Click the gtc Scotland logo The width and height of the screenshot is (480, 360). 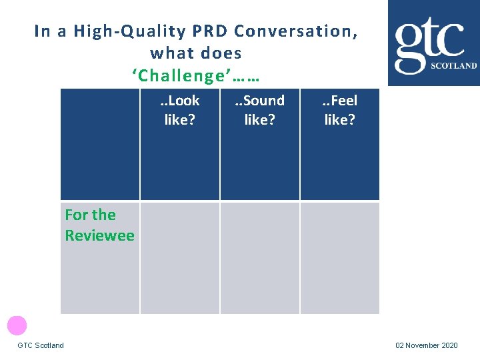(x=434, y=44)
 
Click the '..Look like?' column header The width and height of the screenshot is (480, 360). (x=180, y=110)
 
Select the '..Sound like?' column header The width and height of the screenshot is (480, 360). (x=259, y=110)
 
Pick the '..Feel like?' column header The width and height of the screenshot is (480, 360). (x=339, y=110)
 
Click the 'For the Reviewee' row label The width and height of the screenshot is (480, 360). (x=99, y=225)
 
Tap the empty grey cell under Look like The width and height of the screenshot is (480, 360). (x=180, y=257)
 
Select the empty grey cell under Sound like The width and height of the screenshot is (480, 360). (x=259, y=257)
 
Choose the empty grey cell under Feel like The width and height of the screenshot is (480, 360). (x=339, y=257)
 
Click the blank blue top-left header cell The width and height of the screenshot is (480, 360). (x=100, y=144)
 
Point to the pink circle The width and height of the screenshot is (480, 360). (x=17, y=325)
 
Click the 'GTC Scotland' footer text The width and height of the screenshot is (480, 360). (x=41, y=345)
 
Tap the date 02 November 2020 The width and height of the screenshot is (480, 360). (x=427, y=345)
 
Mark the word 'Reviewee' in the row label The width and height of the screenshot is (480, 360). (x=99, y=235)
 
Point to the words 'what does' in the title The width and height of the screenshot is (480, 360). (x=196, y=53)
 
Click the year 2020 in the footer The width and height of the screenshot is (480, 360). (x=449, y=345)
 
